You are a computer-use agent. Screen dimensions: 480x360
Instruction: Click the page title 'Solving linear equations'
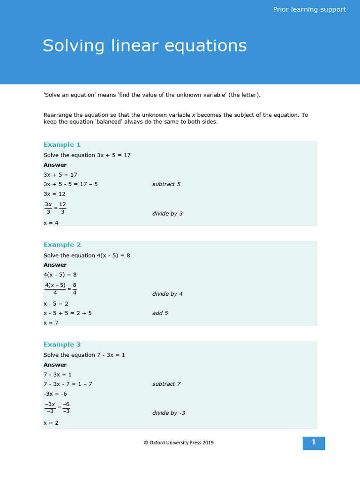click(144, 46)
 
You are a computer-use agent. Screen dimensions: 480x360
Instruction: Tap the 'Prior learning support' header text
click(309, 9)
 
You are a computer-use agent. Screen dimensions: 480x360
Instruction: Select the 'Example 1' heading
click(62, 145)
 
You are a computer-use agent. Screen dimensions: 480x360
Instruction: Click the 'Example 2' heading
click(62, 245)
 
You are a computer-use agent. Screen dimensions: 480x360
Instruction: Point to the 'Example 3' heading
click(62, 345)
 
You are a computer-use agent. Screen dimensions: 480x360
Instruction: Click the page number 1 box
click(314, 442)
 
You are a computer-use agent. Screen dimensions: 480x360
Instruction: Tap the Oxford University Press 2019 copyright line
click(179, 442)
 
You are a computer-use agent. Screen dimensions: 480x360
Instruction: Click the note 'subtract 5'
click(166, 184)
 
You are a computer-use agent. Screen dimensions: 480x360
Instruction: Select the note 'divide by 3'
click(167, 214)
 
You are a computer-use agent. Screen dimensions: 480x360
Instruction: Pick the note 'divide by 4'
click(167, 294)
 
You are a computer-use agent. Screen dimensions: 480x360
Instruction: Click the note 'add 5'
click(160, 313)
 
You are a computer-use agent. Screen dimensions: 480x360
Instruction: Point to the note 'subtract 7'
click(166, 384)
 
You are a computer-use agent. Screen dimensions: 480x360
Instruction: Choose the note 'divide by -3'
click(169, 413)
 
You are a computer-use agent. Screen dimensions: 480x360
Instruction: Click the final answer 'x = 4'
click(51, 223)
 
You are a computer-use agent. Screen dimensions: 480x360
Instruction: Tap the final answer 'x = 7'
click(51, 323)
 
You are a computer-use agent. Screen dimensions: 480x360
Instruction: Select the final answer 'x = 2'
click(51, 423)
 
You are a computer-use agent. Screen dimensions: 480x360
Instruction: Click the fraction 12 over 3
click(62, 208)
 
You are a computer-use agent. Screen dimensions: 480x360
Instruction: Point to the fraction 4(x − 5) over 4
click(55, 289)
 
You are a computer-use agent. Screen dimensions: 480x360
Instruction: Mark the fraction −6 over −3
click(66, 408)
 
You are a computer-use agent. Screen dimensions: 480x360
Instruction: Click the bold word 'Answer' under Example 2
click(55, 265)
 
